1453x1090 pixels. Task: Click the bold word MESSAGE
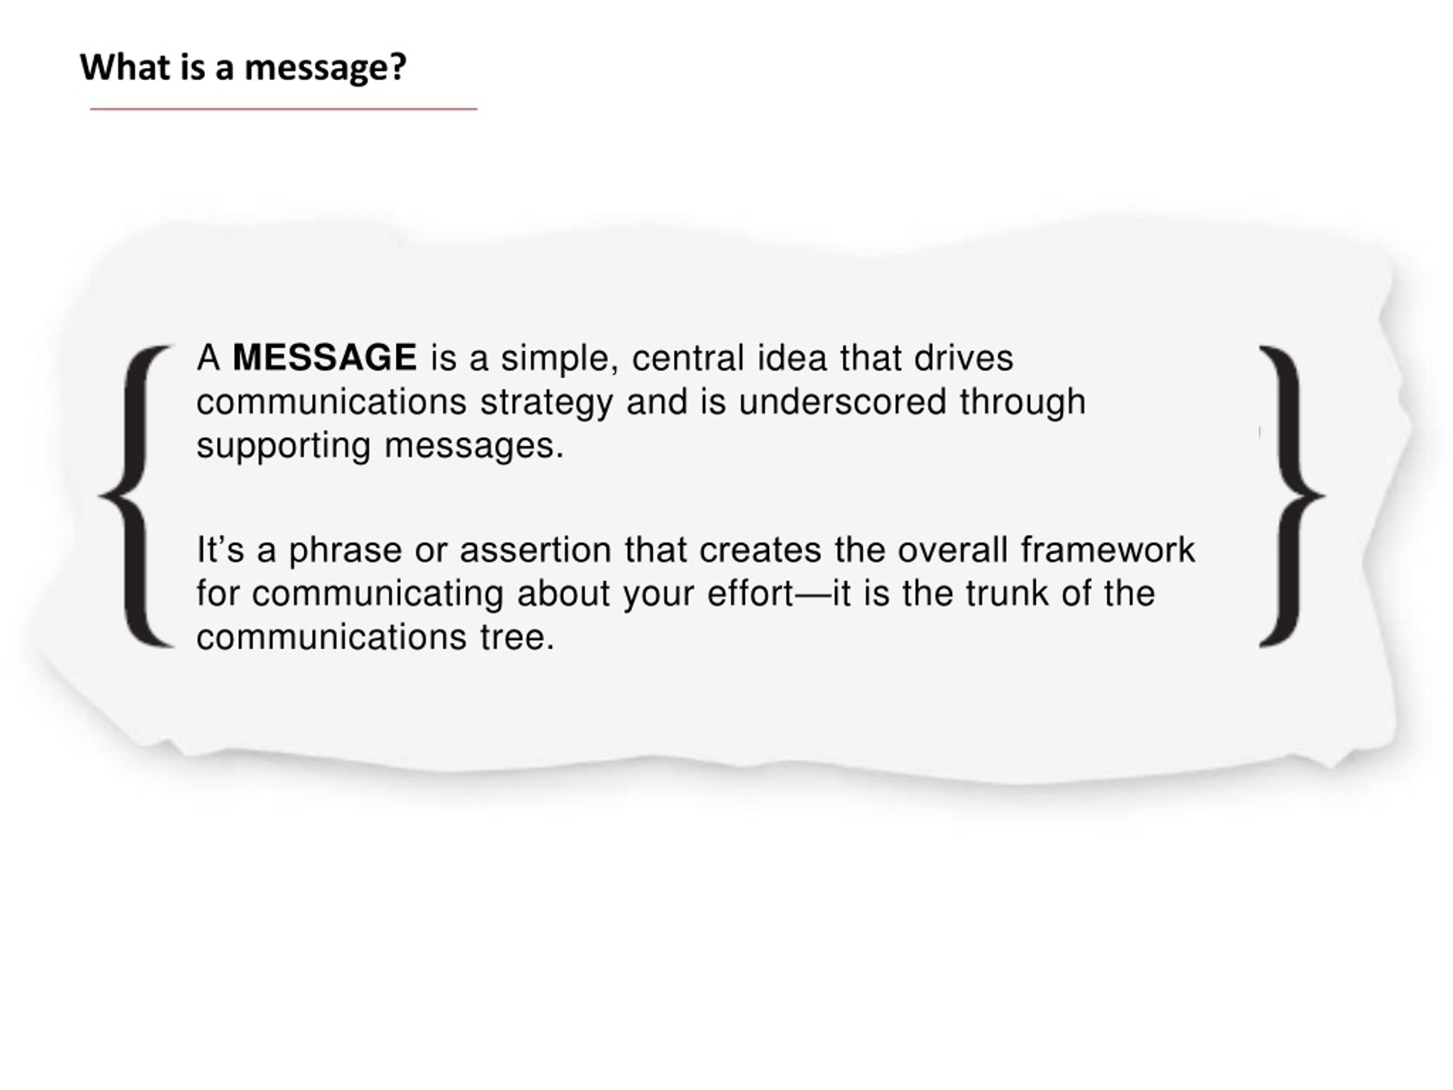pyautogui.click(x=325, y=358)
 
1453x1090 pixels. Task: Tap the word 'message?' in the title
pyautogui.click(x=326, y=68)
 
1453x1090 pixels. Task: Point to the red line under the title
pyautogui.click(x=284, y=109)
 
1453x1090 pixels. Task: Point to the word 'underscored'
pyautogui.click(x=842, y=401)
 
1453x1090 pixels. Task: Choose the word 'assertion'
pyautogui.click(x=535, y=550)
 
